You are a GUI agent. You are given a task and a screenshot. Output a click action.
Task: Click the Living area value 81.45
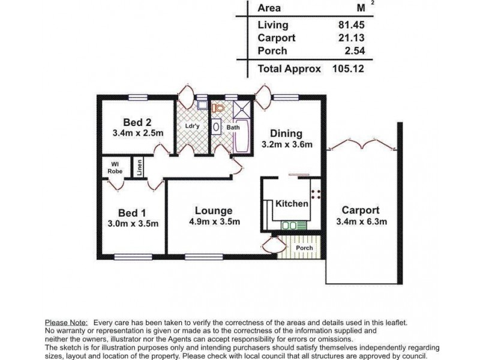[x=351, y=25]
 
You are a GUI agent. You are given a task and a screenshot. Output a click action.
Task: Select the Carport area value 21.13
[x=351, y=37]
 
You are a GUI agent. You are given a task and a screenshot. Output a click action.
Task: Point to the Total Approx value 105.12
[x=349, y=68]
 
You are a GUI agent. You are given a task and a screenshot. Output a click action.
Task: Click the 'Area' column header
[x=269, y=8]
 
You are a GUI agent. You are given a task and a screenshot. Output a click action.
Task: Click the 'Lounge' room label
[x=214, y=211]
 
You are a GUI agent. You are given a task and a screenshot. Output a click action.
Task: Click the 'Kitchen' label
[x=292, y=204]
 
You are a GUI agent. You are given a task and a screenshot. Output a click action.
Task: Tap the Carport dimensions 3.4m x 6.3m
[x=360, y=221]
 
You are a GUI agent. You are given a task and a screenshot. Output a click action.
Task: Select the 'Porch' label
[x=304, y=248]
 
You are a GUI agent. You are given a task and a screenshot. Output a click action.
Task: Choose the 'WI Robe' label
[x=115, y=166]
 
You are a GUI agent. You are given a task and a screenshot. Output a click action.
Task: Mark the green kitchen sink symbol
[x=290, y=226]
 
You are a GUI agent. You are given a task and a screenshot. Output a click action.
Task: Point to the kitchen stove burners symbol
[x=316, y=194]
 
